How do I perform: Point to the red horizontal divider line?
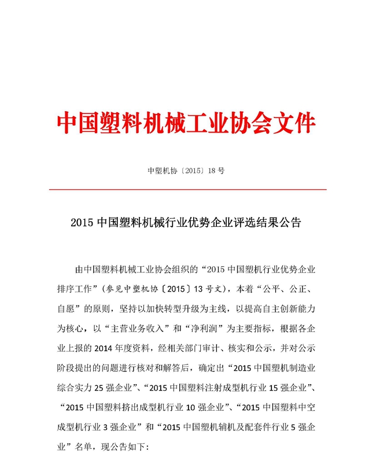[187, 189]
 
